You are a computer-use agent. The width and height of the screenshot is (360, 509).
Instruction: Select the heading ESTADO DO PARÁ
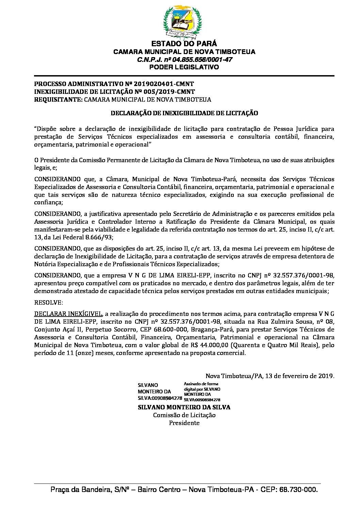(184, 44)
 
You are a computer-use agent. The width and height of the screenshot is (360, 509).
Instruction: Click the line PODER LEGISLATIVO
(184, 67)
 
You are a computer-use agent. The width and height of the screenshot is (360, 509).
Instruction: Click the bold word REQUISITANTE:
(58, 100)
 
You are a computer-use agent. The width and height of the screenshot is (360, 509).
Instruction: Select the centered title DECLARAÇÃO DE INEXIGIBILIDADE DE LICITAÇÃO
(184, 113)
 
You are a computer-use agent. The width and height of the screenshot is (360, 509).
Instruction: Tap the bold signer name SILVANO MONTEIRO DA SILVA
(184, 407)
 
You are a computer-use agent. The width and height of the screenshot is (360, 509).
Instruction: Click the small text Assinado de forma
(201, 384)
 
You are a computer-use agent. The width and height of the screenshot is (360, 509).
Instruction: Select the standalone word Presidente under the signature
(184, 423)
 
